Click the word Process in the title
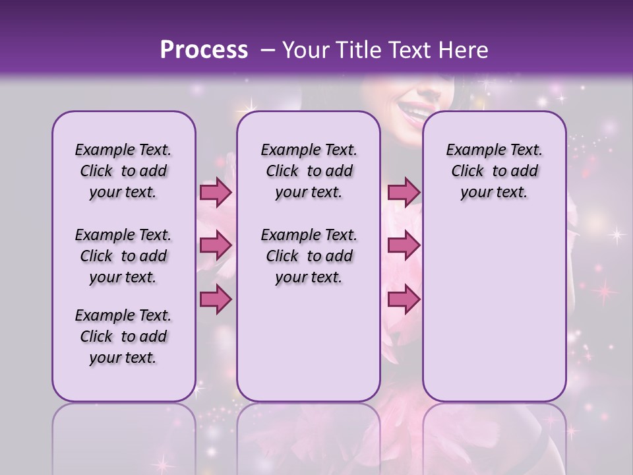click(x=204, y=50)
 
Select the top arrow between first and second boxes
click(x=216, y=193)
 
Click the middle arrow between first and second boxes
click(x=216, y=246)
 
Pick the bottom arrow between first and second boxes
click(x=216, y=300)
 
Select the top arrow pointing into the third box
click(x=404, y=193)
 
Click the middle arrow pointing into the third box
click(x=404, y=246)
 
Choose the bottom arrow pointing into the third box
click(x=404, y=300)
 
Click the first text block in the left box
click(x=123, y=171)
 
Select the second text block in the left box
click(x=123, y=256)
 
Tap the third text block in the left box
click(x=123, y=336)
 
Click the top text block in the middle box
click(x=309, y=171)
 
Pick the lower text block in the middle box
click(x=309, y=256)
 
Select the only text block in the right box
click(x=494, y=171)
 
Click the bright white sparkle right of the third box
click(x=617, y=234)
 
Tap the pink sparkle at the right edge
click(x=604, y=291)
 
